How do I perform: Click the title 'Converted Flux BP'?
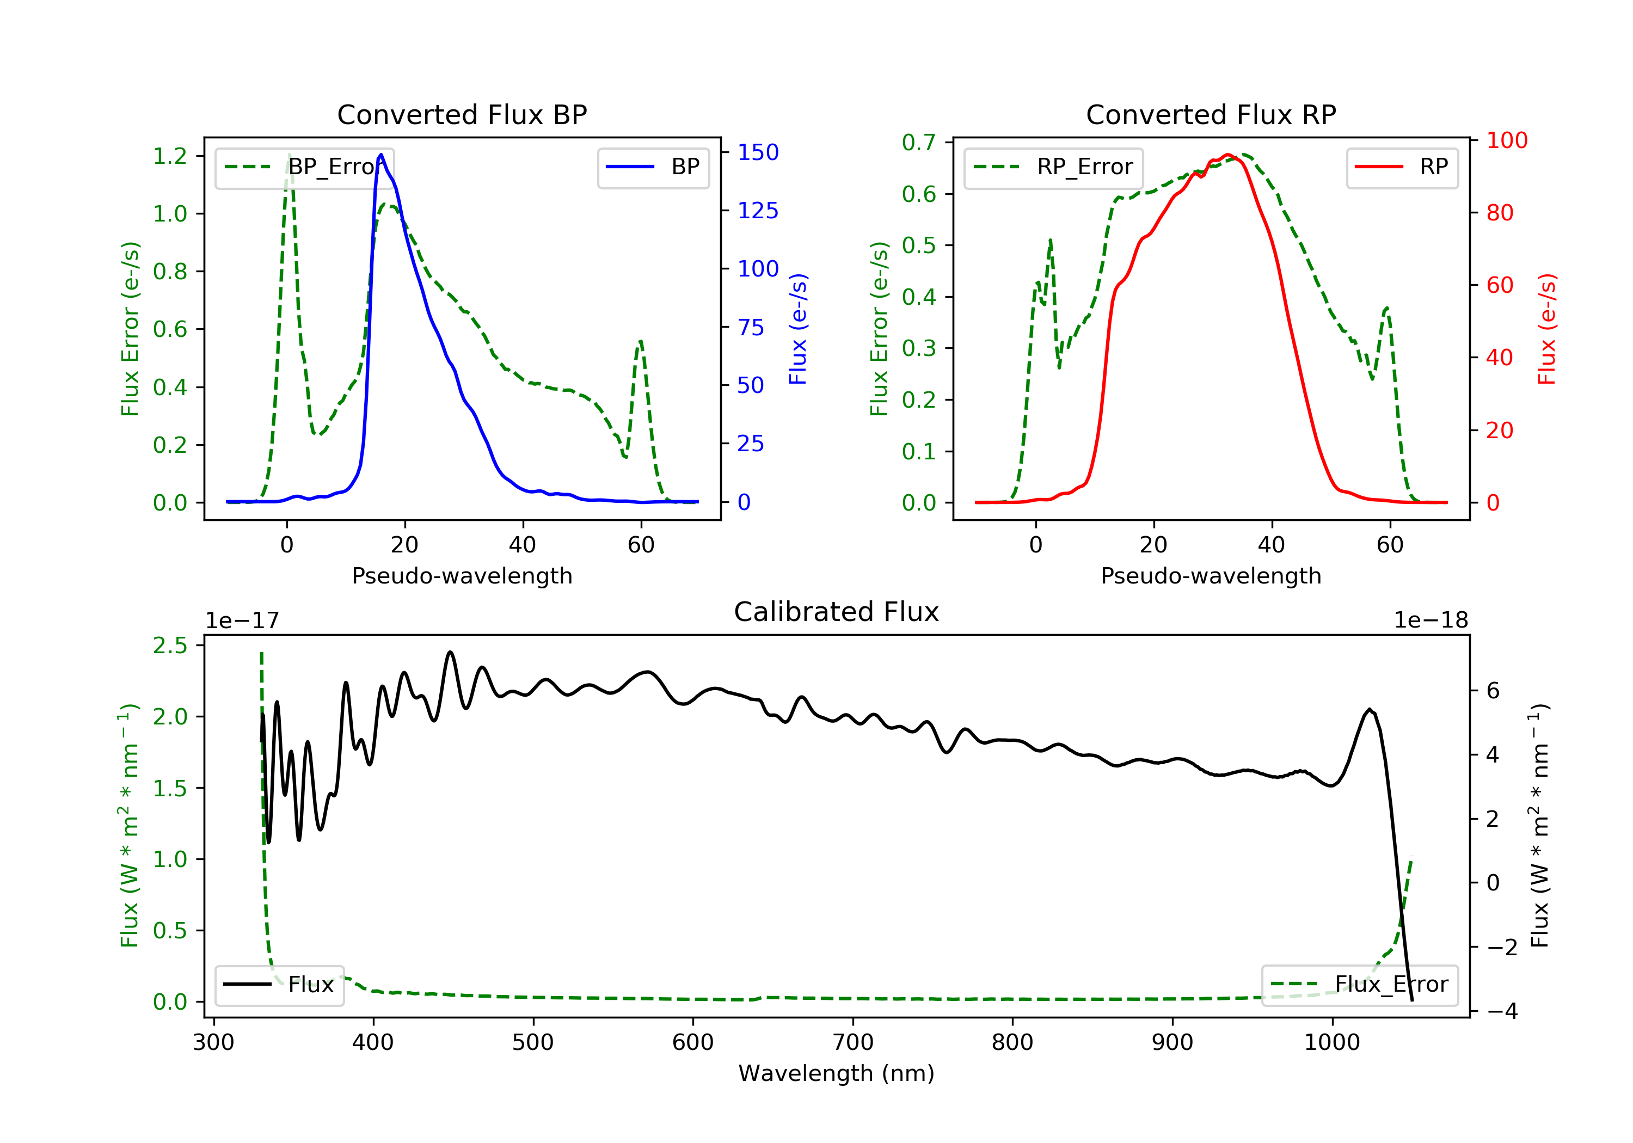[462, 114]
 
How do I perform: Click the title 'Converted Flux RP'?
[1211, 114]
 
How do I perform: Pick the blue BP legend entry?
[653, 167]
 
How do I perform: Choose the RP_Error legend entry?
[1053, 167]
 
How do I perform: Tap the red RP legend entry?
[1402, 167]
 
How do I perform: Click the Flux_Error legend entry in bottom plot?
[1359, 985]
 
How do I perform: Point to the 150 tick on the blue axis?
[758, 152]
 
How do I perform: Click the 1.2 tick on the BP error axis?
[170, 156]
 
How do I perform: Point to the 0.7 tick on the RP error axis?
[919, 142]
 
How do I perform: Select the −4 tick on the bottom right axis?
[1501, 1011]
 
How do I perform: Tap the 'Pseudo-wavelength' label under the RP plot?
[1211, 575]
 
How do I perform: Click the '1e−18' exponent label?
[1431, 620]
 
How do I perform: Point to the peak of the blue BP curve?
[381, 155]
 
